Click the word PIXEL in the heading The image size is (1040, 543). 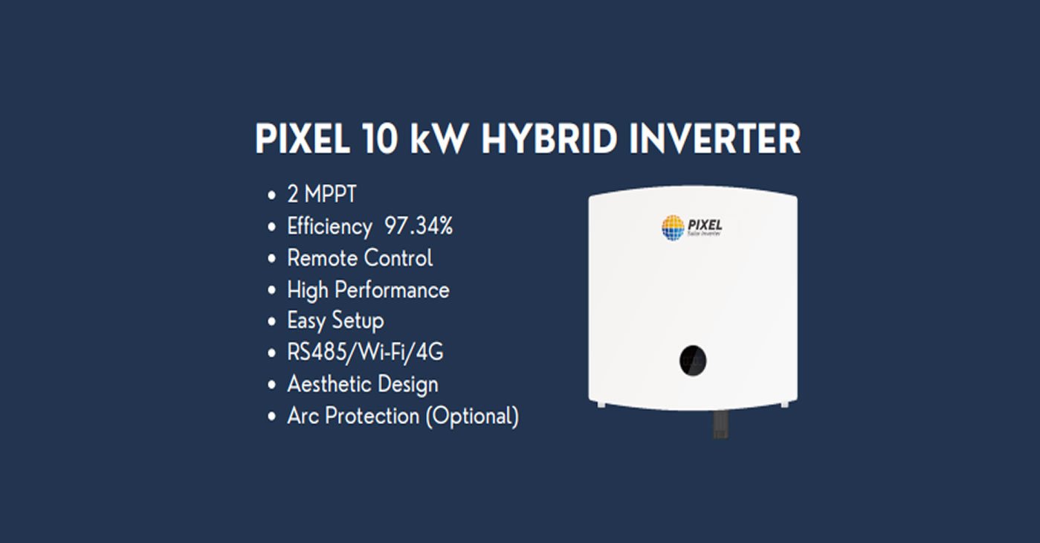(x=303, y=139)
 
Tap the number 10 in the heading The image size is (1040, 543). (x=381, y=139)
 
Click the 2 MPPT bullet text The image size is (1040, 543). (x=322, y=195)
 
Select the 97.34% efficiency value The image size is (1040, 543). (x=419, y=226)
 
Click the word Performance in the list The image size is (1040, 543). (x=392, y=289)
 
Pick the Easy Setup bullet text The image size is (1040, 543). (x=335, y=321)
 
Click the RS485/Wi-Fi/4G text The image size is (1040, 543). (x=365, y=352)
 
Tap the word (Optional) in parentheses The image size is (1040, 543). (x=472, y=416)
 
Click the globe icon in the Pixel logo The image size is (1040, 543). (x=673, y=227)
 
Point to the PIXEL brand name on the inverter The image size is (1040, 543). (x=705, y=223)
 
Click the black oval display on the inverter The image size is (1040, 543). (x=693, y=361)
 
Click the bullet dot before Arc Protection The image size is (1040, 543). (x=271, y=417)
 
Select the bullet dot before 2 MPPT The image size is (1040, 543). (x=271, y=196)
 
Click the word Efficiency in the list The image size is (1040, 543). (x=329, y=226)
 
